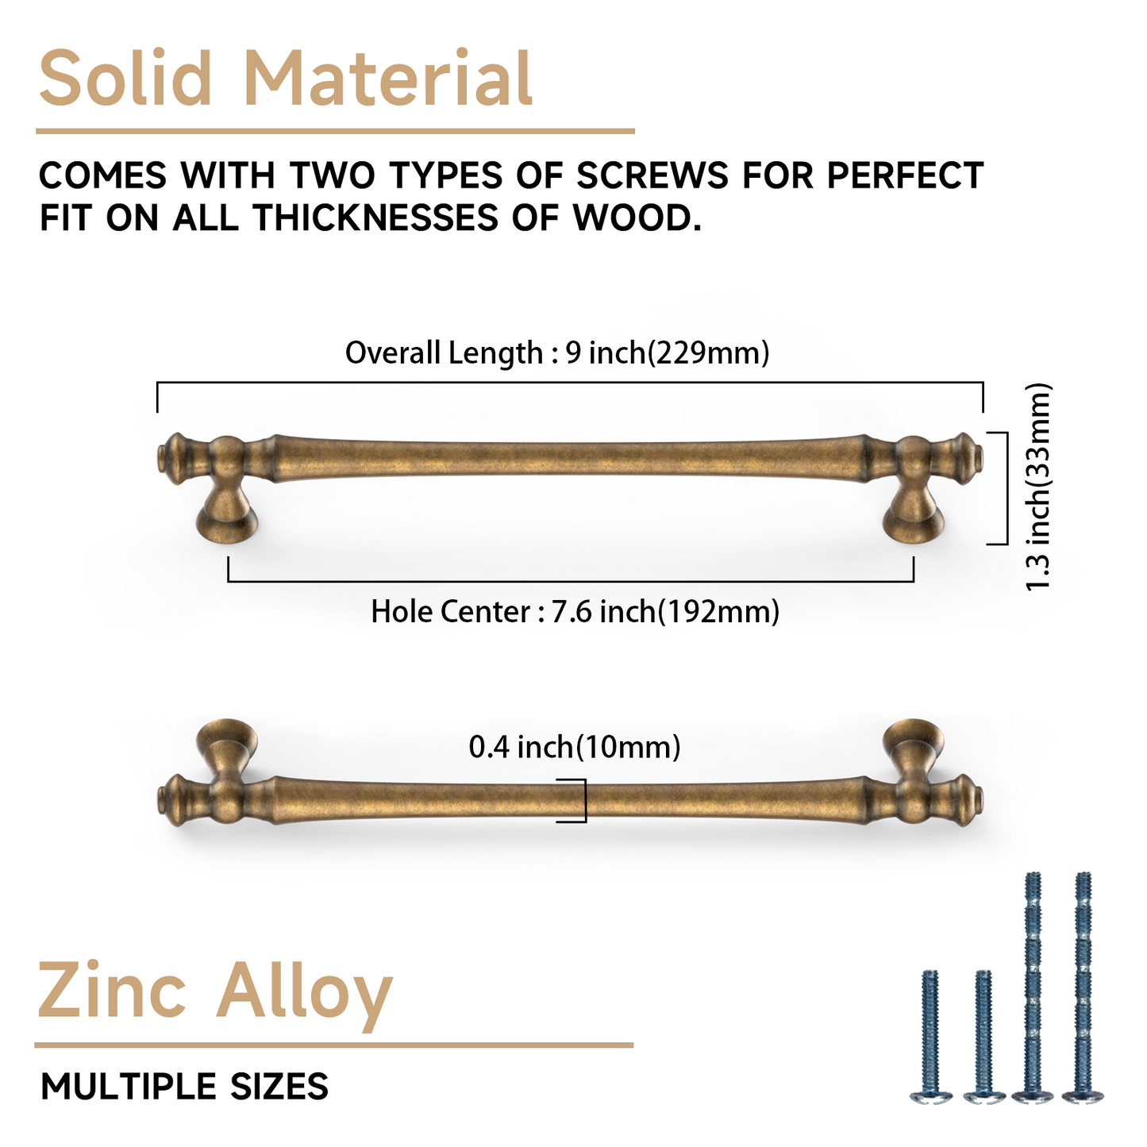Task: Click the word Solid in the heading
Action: click(125, 79)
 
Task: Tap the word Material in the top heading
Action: click(388, 79)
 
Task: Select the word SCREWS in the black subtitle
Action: click(652, 175)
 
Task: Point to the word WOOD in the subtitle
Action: click(636, 217)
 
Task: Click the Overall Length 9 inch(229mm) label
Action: click(557, 352)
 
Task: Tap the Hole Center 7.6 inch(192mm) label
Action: click(575, 612)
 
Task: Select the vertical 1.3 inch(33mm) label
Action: click(1038, 487)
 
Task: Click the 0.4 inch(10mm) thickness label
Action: click(575, 747)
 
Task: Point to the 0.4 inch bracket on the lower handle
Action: click(585, 801)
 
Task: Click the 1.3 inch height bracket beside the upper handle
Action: click(1007, 488)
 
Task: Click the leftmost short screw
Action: click(930, 1037)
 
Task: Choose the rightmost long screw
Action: click(1083, 988)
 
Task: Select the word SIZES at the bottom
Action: click(279, 1087)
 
